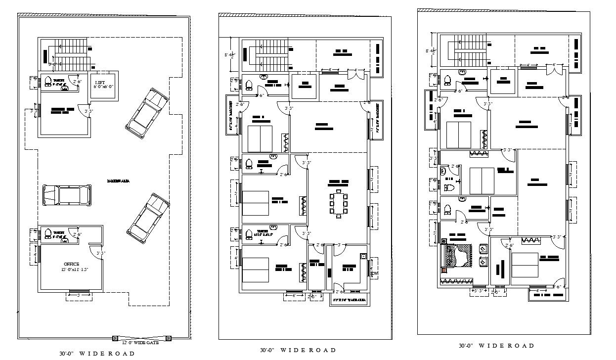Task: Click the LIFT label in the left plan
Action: point(100,82)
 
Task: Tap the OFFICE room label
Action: point(71,264)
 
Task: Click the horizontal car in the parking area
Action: point(67,194)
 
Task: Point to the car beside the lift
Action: point(147,110)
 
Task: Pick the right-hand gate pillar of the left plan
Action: point(169,338)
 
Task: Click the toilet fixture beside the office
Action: point(48,233)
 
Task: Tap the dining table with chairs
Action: point(339,203)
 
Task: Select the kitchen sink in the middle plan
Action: point(364,257)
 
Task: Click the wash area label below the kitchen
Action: point(350,300)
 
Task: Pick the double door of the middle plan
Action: point(355,73)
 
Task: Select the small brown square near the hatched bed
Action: point(444,270)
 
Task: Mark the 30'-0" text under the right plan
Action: point(466,346)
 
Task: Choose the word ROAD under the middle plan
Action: point(322,350)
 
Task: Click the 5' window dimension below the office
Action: point(79,296)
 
